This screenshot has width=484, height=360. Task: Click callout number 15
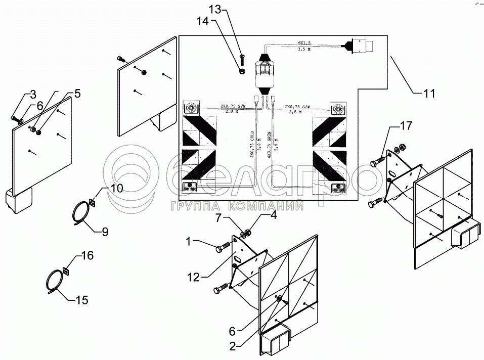[82, 300]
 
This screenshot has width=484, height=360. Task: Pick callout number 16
[87, 256]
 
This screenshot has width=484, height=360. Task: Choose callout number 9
[105, 232]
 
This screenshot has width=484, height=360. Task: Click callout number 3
[32, 94]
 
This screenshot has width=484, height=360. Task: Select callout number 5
[77, 93]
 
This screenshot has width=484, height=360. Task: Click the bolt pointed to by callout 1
[222, 249]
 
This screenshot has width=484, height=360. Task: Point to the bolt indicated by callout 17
[376, 163]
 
